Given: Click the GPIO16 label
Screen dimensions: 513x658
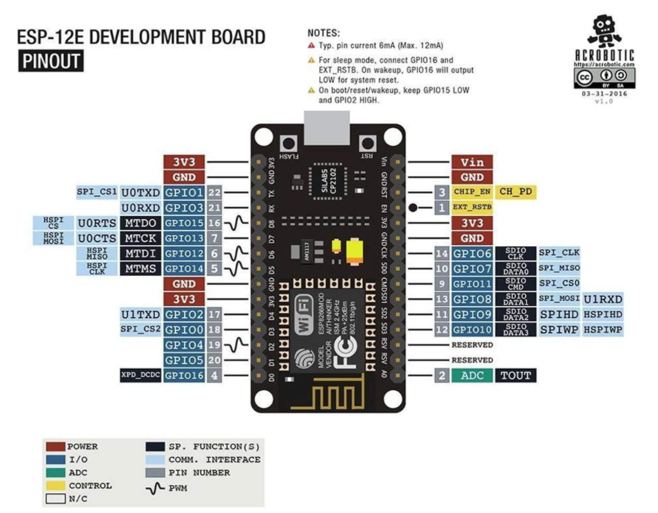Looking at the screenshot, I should tap(184, 376).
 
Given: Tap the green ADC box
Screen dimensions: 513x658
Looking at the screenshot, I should tap(472, 376).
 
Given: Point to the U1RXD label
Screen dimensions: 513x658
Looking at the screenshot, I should tap(603, 299).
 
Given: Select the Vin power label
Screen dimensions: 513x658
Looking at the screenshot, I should tap(472, 162).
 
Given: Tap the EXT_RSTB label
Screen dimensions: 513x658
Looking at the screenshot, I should tap(472, 207).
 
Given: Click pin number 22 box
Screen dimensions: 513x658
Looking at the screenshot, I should tap(214, 192).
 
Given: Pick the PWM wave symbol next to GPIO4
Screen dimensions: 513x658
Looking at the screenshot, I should tap(238, 345).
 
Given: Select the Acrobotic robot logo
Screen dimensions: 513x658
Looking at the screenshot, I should tap(604, 31).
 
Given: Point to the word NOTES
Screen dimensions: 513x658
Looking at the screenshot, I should tap(325, 32).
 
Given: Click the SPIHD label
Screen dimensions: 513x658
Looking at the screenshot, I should tap(558, 314).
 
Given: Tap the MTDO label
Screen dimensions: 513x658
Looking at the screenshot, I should tap(141, 223).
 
